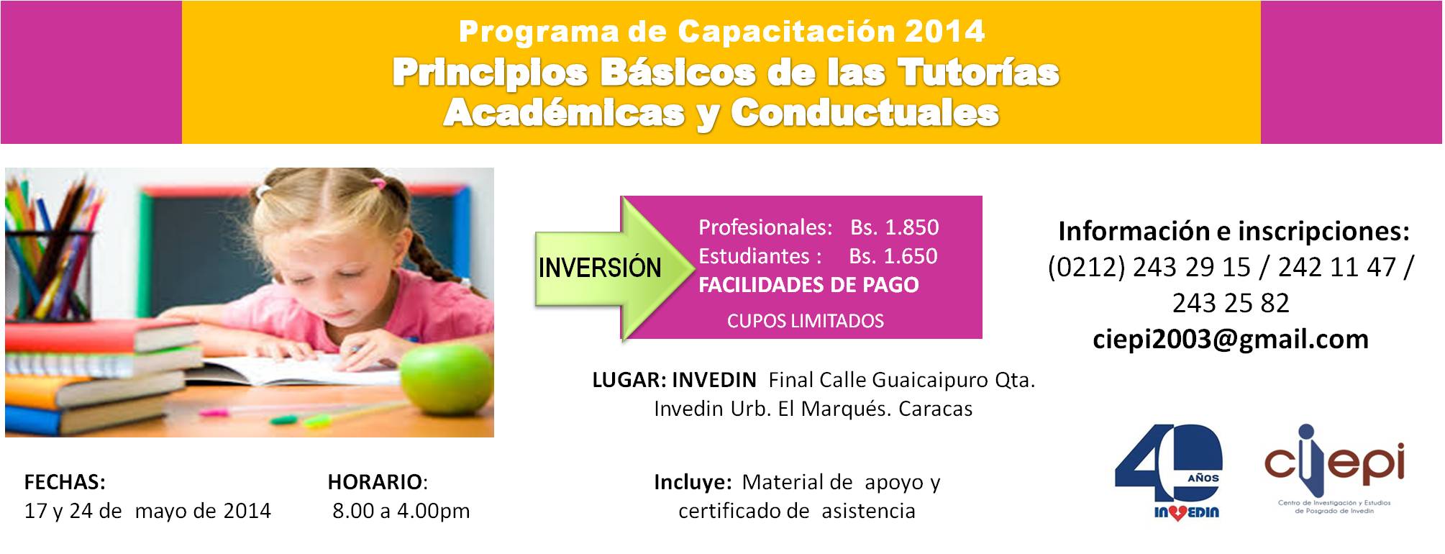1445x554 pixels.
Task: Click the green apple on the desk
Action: [x=446, y=375]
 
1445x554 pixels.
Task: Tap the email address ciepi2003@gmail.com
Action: [x=1231, y=340]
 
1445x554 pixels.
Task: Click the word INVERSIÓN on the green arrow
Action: [x=600, y=268]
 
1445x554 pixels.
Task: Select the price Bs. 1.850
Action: [x=894, y=227]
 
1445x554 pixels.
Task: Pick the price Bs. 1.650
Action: [x=893, y=256]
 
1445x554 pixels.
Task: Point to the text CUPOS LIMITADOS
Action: [x=806, y=321]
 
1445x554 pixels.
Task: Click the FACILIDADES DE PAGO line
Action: [x=808, y=285]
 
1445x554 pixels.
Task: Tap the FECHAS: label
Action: [x=65, y=481]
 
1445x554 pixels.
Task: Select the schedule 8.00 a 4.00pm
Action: [x=401, y=511]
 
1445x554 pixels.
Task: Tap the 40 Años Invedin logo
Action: [x=1168, y=472]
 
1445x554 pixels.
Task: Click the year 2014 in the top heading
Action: [x=944, y=31]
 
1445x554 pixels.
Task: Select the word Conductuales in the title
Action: [x=865, y=113]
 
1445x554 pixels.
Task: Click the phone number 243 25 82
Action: [x=1231, y=303]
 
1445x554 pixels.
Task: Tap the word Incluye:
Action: [x=693, y=482]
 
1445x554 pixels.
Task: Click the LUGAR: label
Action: [x=629, y=380]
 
